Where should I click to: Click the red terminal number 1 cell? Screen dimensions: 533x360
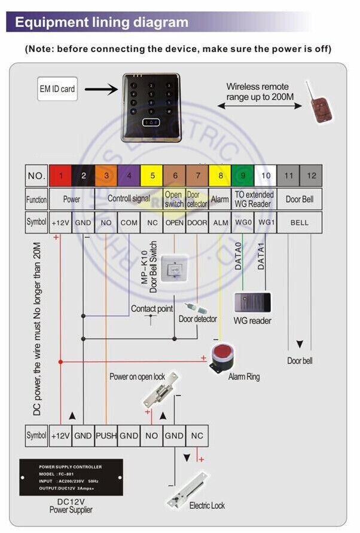coord(60,176)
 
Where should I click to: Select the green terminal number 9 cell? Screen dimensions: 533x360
coord(243,176)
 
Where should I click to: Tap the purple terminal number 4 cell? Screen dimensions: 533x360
coord(129,176)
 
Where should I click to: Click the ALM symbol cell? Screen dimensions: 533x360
coord(220,222)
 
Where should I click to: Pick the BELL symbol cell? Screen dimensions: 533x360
coord(300,222)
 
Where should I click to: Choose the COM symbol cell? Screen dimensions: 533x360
coord(129,222)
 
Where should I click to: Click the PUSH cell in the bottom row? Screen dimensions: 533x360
coord(106,436)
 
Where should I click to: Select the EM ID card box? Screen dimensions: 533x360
coord(57,89)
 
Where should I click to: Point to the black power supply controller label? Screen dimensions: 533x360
coord(71,477)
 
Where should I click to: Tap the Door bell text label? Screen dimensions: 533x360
coord(300,361)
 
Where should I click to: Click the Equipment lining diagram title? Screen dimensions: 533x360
coord(101,23)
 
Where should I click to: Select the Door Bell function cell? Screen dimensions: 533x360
coord(300,199)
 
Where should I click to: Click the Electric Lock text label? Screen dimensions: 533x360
coord(207,506)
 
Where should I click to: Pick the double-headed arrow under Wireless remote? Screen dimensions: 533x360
coord(260,105)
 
